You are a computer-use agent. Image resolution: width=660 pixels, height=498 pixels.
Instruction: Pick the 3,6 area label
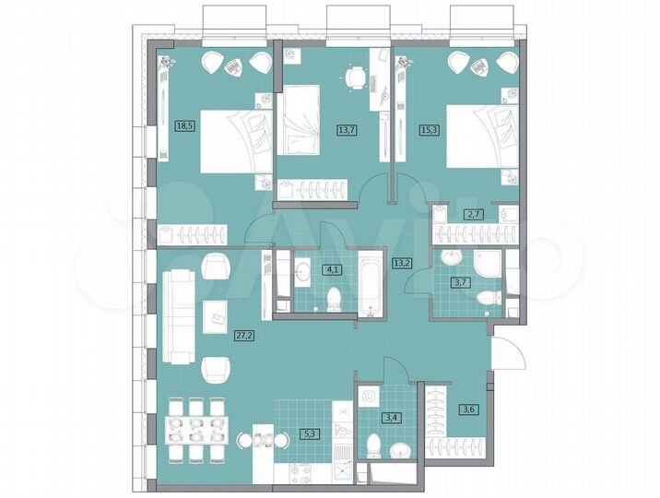tap(467, 409)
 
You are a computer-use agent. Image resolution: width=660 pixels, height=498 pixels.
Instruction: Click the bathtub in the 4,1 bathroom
tap(370, 280)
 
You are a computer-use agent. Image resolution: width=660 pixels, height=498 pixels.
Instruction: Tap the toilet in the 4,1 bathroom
tap(336, 298)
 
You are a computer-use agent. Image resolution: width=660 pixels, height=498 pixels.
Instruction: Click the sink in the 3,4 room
tap(398, 451)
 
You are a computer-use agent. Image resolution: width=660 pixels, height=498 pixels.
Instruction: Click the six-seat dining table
tap(195, 428)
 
